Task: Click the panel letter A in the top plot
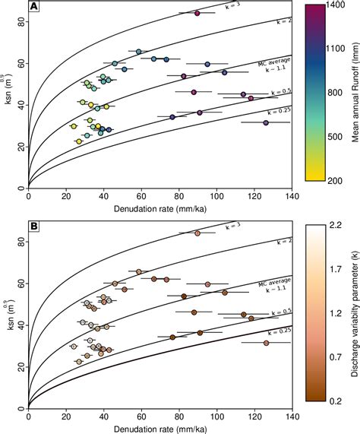35,8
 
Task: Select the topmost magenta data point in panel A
197,13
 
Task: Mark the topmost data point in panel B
197,233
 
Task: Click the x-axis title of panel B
160,427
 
